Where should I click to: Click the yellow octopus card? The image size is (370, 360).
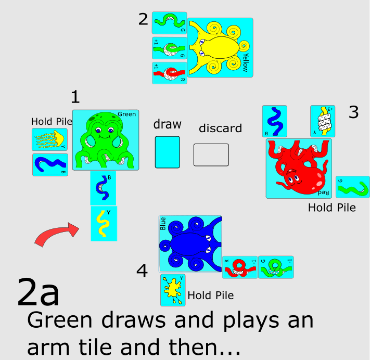220,48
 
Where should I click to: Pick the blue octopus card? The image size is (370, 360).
190,244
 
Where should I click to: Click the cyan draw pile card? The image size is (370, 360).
167,152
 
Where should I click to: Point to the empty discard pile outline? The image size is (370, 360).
211,155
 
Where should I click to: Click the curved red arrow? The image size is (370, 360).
55,234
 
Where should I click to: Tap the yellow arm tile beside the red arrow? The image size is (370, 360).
104,224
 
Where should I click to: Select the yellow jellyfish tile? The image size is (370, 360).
50,138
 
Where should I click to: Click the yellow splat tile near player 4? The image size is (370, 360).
173,290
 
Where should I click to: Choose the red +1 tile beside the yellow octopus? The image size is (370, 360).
169,73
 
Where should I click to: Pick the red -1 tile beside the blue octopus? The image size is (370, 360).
240,267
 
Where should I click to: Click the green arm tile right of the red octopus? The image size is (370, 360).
352,187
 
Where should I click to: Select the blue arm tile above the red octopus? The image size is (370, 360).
274,121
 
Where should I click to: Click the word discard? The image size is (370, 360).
220,128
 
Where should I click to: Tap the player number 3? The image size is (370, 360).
354,112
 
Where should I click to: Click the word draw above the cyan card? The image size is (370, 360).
167,124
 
